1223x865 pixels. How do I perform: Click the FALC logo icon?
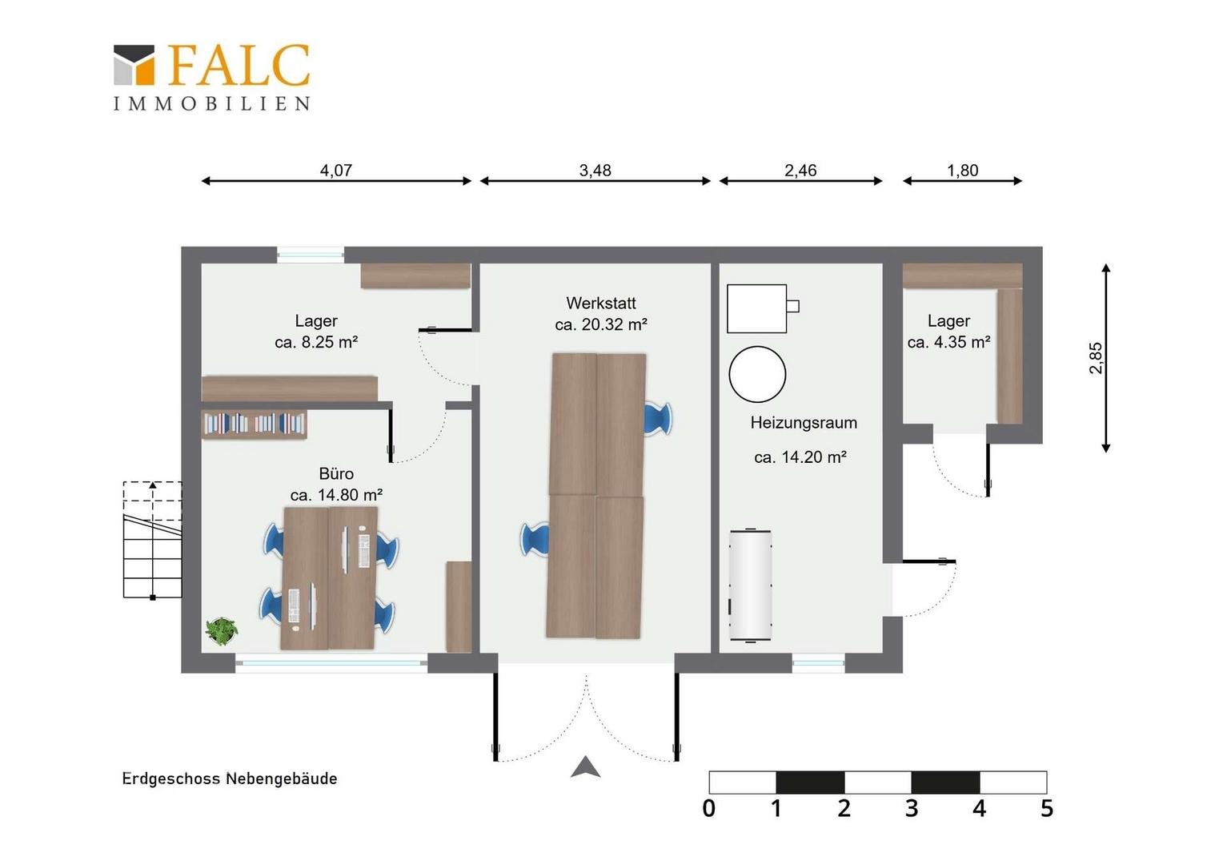(x=134, y=65)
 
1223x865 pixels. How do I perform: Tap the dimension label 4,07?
(x=335, y=171)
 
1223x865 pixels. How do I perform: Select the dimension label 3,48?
(x=595, y=171)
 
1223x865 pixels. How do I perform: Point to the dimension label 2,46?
(x=800, y=171)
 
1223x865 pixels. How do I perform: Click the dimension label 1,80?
(x=962, y=171)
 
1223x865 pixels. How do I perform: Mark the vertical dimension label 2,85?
(x=1095, y=358)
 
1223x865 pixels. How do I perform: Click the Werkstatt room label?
(x=600, y=303)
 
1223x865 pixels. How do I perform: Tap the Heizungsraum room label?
(x=803, y=422)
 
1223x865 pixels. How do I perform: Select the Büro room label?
(x=336, y=473)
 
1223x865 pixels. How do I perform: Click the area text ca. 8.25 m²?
(x=316, y=342)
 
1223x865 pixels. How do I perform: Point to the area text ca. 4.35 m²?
(x=949, y=342)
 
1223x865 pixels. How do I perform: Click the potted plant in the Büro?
(x=221, y=631)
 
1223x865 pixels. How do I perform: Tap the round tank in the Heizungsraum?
(x=757, y=374)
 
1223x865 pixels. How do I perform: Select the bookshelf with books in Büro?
(x=254, y=424)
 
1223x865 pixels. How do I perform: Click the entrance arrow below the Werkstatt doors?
(x=586, y=766)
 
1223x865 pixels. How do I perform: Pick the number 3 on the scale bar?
(x=911, y=808)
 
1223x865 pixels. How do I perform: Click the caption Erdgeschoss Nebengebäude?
(x=229, y=778)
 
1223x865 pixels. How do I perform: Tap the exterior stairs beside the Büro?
(x=152, y=540)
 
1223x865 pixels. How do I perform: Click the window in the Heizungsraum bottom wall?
(x=818, y=663)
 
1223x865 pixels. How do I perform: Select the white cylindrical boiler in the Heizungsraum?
(x=750, y=585)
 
